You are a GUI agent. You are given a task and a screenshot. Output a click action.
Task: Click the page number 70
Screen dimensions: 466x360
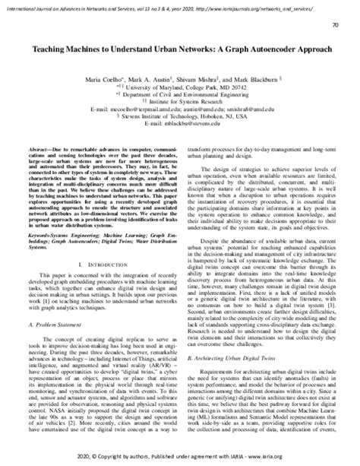pos(336,26)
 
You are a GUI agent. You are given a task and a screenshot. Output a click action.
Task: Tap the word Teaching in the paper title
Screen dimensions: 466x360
pos(50,48)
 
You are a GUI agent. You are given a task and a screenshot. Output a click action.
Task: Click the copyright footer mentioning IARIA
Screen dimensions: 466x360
pos(180,458)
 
